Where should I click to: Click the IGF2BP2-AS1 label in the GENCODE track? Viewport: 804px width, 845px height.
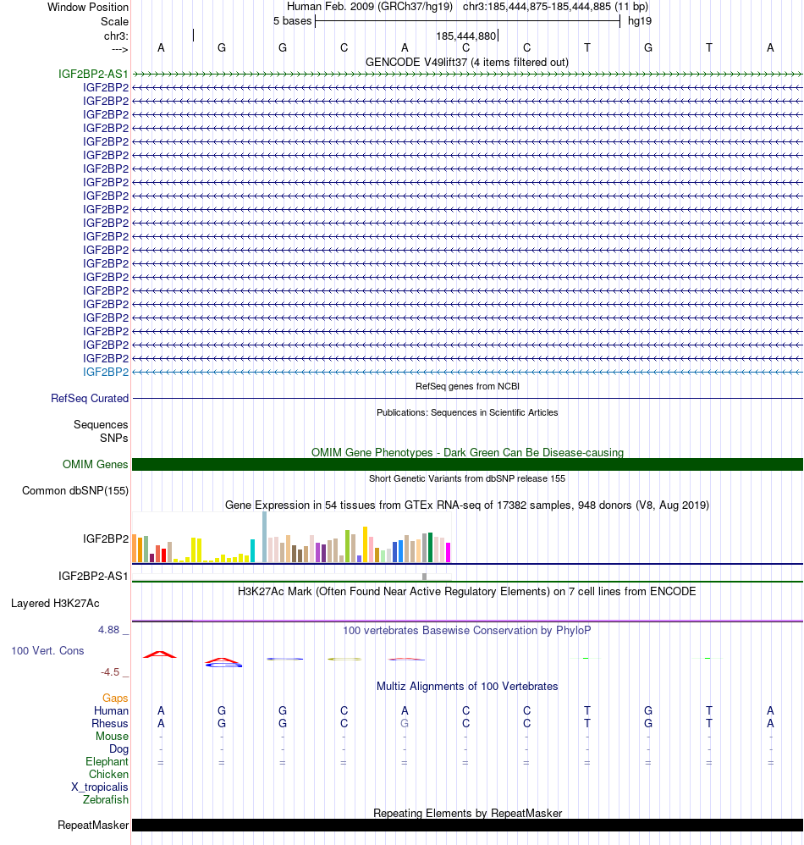93,74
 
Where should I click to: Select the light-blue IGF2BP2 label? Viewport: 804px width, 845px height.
106,372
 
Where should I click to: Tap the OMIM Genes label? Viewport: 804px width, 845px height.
96,464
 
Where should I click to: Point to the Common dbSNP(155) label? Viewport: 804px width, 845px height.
75,490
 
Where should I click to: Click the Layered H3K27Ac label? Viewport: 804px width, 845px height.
55,604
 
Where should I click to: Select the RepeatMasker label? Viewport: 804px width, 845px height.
93,825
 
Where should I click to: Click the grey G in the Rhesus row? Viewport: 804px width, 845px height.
405,724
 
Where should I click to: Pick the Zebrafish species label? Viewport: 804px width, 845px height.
106,799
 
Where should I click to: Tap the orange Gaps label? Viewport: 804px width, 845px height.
115,698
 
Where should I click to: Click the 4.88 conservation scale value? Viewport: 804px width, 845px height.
110,630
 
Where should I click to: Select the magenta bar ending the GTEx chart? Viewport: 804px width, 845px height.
449,552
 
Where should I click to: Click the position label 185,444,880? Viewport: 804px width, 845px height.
465,36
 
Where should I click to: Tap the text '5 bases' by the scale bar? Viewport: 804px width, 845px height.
292,20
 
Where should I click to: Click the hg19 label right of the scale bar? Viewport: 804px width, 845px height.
639,20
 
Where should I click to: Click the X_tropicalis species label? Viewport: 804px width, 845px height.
100,787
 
